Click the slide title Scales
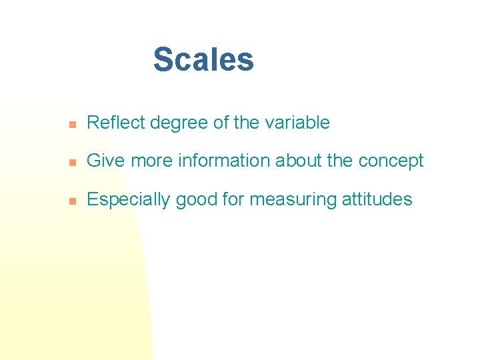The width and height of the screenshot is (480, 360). (203, 59)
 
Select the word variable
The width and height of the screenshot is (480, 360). (299, 123)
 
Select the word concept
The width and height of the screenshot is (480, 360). (391, 161)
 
